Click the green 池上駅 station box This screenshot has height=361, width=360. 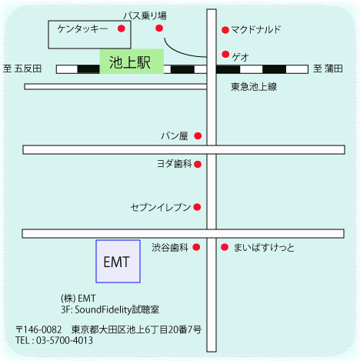(x=132, y=62)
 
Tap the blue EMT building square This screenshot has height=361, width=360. (x=118, y=261)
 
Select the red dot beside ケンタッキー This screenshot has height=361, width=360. (x=122, y=28)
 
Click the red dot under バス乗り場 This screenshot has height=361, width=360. (x=159, y=28)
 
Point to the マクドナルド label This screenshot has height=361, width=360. (x=255, y=30)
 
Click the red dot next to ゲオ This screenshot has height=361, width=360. (x=225, y=54)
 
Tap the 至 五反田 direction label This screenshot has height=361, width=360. (x=22, y=69)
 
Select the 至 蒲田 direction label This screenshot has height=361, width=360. (x=328, y=69)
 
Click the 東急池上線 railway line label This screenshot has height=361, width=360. (x=254, y=87)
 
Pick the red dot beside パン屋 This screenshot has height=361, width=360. (x=198, y=135)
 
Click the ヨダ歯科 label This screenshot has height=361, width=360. (x=175, y=164)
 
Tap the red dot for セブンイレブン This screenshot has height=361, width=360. (x=197, y=207)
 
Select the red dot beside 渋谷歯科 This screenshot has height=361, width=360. (x=196, y=247)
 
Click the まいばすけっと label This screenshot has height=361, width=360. (x=264, y=248)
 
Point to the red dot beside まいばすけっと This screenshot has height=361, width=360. (x=225, y=247)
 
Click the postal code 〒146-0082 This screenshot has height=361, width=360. (x=38, y=329)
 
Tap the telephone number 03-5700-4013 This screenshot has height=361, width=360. (x=65, y=340)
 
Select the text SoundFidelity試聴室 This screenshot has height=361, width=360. (x=117, y=309)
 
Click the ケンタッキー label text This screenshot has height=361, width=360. (x=82, y=28)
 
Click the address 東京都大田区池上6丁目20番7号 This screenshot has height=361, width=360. (x=136, y=329)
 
